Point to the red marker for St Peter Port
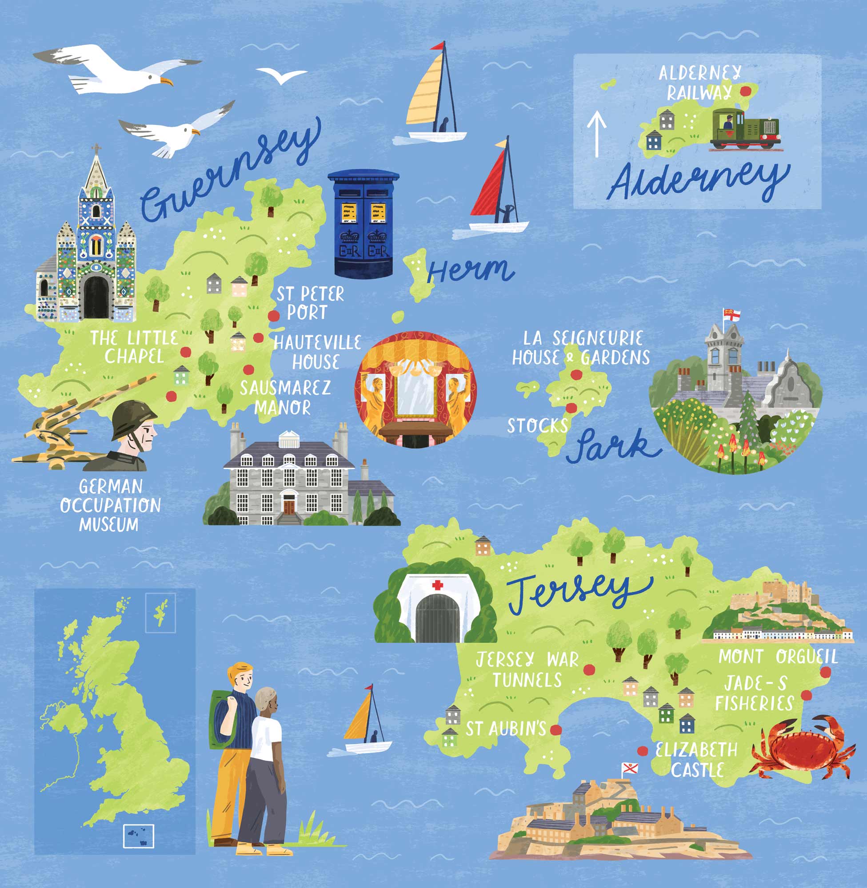273,315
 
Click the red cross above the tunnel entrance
438,585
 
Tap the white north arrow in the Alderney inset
596,134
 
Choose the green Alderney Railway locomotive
745,129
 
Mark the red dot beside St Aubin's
555,729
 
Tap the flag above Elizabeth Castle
630,769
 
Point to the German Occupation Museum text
110,505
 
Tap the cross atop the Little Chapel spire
96,149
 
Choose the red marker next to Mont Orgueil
825,672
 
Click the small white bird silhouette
281,75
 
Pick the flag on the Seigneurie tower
732,315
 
